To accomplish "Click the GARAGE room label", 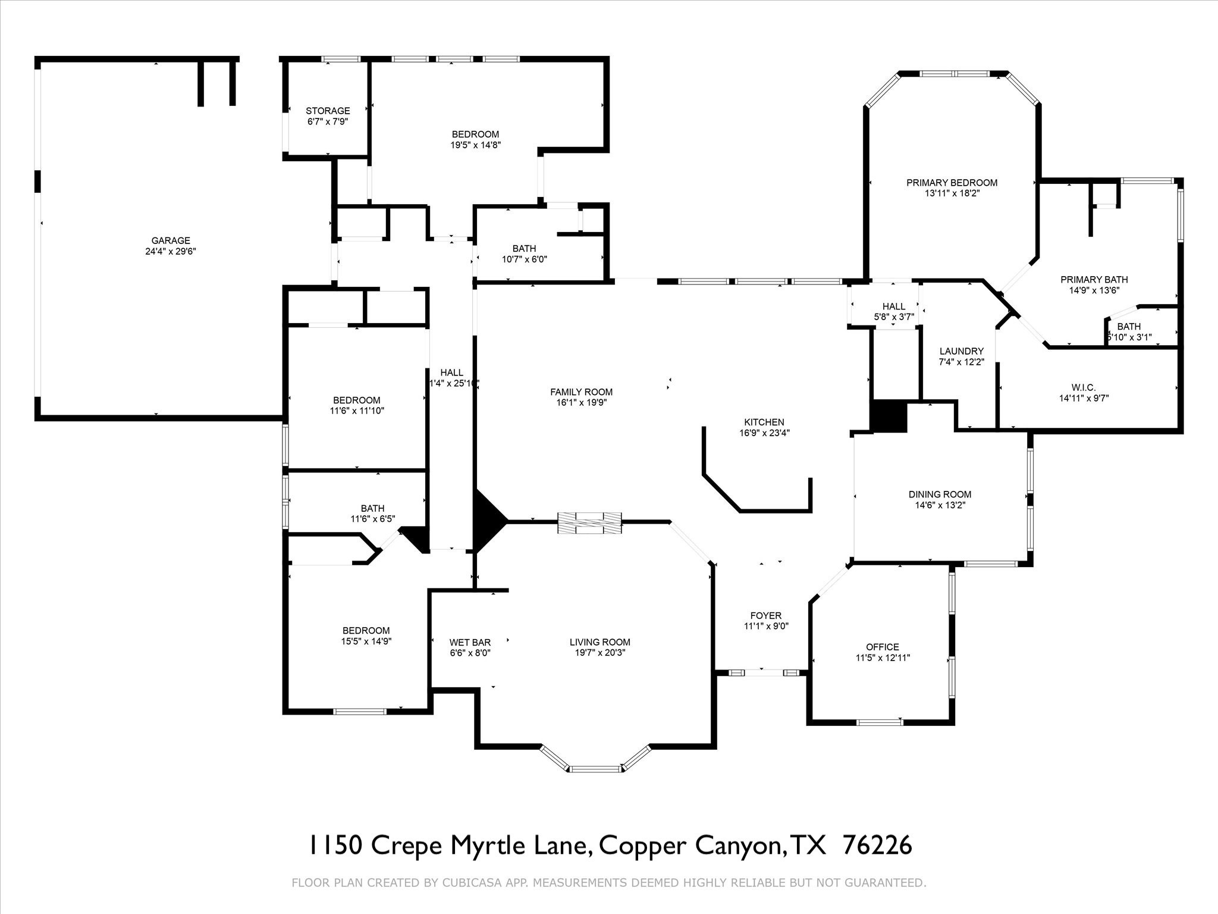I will (x=171, y=240).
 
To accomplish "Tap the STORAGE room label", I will (x=328, y=111).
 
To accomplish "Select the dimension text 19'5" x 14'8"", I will (x=475, y=145).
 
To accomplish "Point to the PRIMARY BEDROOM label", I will (x=952, y=183).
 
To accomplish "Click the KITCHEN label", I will (x=764, y=422).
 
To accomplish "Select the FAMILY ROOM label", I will (x=581, y=392).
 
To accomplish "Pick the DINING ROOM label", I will (x=940, y=494).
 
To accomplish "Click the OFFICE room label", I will (x=883, y=647).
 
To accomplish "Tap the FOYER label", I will (x=766, y=615).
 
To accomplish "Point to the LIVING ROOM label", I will (x=599, y=642).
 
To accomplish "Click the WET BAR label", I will (x=470, y=642).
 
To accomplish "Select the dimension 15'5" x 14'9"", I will (x=366, y=641).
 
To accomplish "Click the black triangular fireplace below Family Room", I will (x=486, y=522).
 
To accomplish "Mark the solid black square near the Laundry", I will (x=889, y=416).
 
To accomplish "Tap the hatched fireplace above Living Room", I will (x=589, y=522).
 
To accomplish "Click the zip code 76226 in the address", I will (x=878, y=845).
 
